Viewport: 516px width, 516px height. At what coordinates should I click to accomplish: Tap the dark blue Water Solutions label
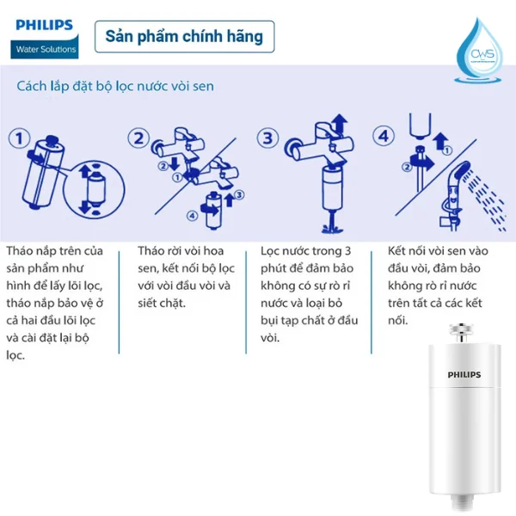point(46,49)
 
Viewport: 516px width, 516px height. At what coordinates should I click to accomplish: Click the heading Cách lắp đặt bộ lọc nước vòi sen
point(115,87)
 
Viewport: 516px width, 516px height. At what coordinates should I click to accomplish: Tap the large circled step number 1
point(21,138)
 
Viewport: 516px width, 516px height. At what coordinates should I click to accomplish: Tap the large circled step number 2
point(140,138)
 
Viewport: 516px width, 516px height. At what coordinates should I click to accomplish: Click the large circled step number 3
point(269,138)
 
